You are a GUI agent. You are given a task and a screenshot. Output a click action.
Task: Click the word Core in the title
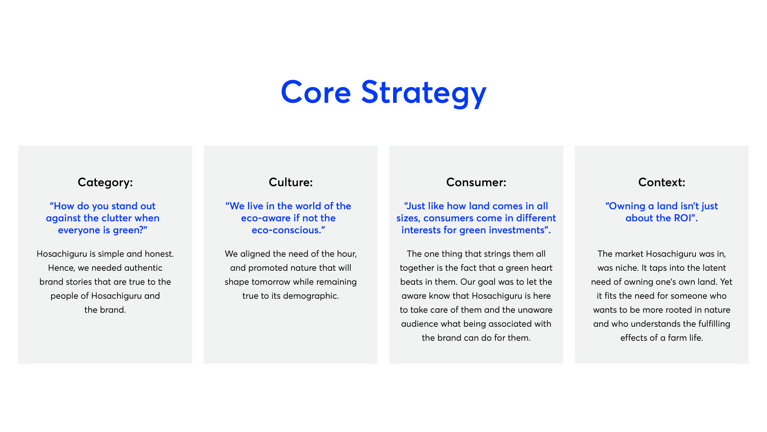pyautogui.click(x=316, y=92)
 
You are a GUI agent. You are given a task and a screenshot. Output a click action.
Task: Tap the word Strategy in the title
pyautogui.click(x=424, y=93)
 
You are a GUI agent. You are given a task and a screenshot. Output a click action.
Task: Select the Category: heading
pyautogui.click(x=105, y=182)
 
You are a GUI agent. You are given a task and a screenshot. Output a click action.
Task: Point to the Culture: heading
pyautogui.click(x=291, y=182)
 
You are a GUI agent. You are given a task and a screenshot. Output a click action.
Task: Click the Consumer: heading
pyautogui.click(x=476, y=182)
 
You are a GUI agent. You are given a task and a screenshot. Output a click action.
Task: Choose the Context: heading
pyautogui.click(x=662, y=182)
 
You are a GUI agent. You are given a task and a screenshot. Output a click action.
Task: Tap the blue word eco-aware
pyautogui.click(x=266, y=218)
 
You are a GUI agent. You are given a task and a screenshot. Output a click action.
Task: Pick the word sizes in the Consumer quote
pyautogui.click(x=408, y=218)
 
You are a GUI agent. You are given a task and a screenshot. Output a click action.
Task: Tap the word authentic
pyautogui.click(x=143, y=268)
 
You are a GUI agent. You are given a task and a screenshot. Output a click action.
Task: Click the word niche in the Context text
pyautogui.click(x=627, y=268)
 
